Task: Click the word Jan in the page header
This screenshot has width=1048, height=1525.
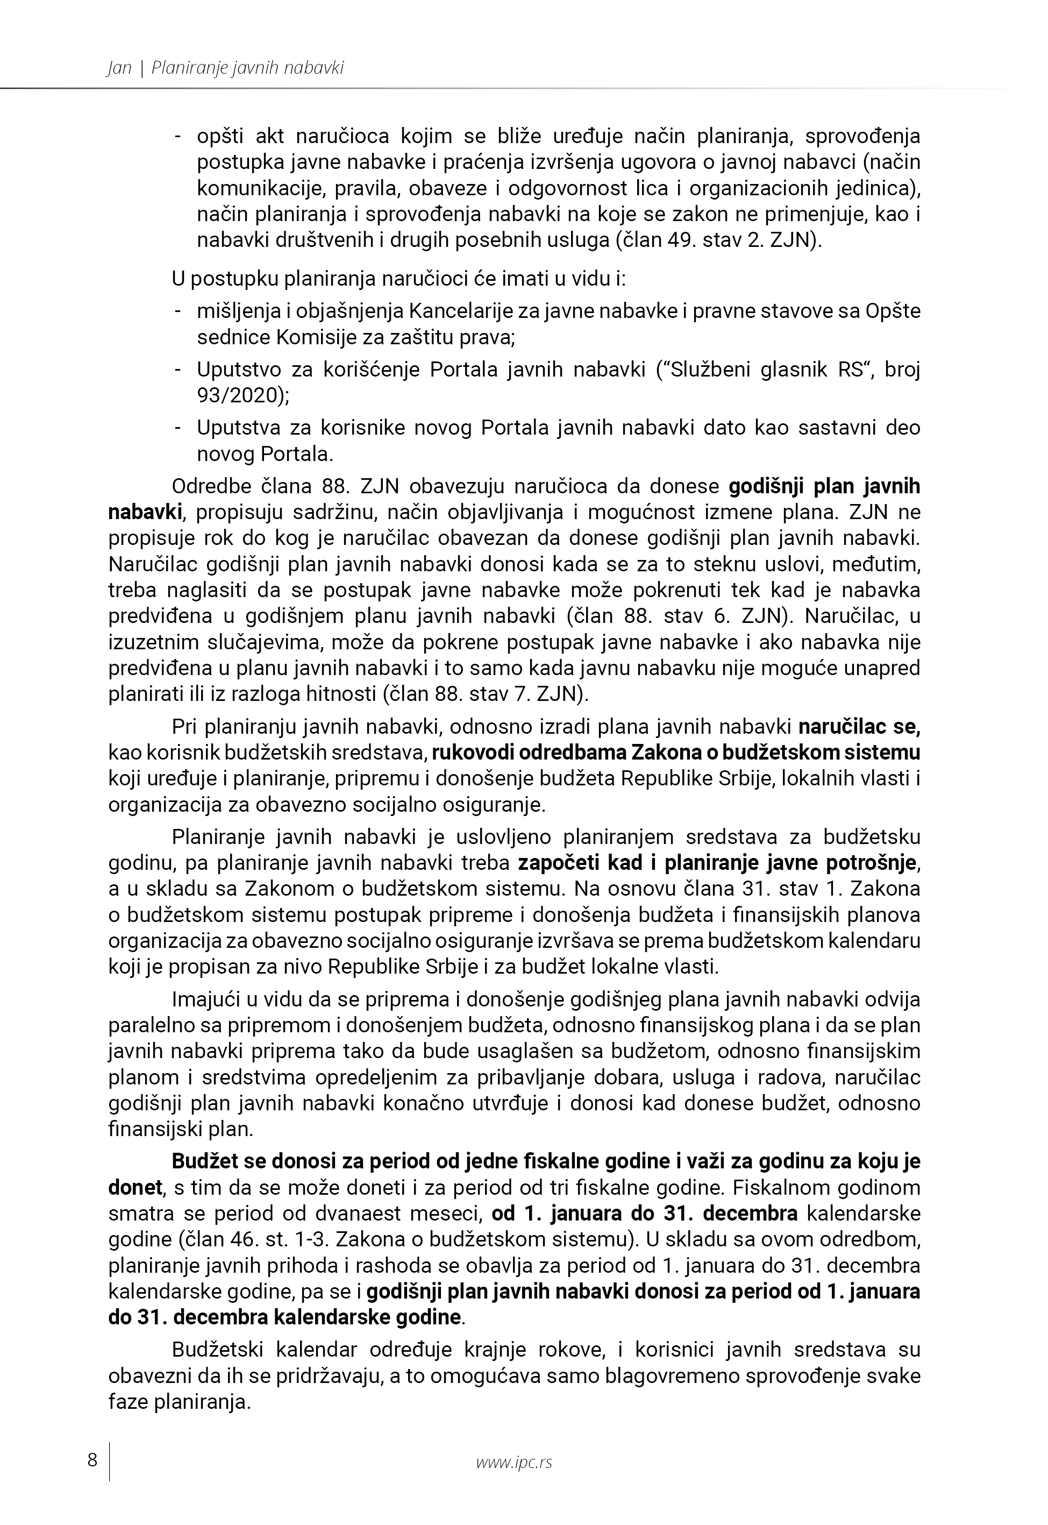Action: (119, 68)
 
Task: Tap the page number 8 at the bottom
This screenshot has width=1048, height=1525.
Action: (92, 1460)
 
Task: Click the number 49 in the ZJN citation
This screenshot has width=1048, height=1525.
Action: (681, 240)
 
